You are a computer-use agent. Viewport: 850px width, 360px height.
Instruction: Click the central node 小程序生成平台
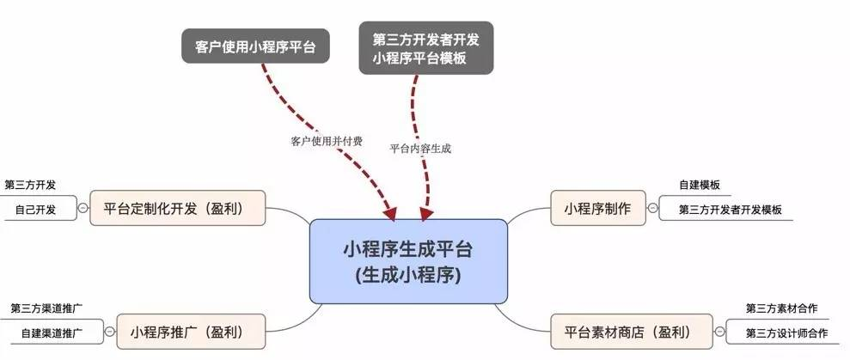(x=408, y=261)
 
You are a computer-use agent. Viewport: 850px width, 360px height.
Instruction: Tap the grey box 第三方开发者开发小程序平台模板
(x=425, y=48)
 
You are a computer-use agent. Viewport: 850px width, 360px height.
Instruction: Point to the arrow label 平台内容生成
(x=420, y=148)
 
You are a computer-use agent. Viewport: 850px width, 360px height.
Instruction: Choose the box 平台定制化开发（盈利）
(x=178, y=208)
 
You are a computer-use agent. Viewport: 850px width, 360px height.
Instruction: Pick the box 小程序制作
(x=597, y=208)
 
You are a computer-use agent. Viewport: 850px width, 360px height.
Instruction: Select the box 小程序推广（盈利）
(x=186, y=331)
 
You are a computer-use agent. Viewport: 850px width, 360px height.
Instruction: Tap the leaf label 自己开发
(x=35, y=209)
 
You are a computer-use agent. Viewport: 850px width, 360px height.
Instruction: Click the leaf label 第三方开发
(x=30, y=185)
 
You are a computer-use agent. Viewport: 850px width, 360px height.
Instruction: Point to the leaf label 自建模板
(x=699, y=185)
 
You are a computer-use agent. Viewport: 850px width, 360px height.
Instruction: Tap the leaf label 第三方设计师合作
(x=786, y=333)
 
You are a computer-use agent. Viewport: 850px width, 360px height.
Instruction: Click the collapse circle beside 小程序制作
(x=653, y=208)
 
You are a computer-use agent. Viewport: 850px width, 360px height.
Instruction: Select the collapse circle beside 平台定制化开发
(x=83, y=208)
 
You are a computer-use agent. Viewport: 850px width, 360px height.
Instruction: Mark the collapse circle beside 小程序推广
(x=109, y=331)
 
